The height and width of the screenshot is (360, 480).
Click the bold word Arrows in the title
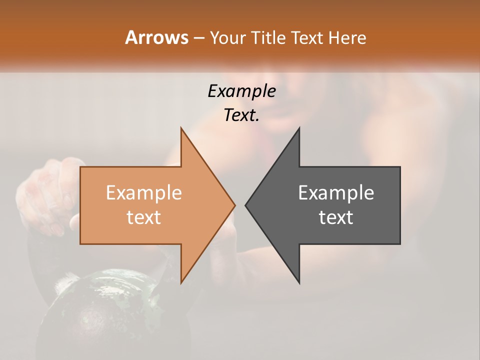point(156,37)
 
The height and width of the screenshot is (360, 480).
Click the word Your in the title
point(227,37)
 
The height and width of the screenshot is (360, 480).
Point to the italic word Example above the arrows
point(242,91)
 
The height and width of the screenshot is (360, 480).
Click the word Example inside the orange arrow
point(144,192)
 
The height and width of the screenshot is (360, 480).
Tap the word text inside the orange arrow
point(144,217)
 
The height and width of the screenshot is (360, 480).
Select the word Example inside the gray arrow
point(336,192)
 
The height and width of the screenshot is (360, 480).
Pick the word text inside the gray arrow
point(336,217)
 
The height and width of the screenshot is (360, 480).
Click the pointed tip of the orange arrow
point(234,205)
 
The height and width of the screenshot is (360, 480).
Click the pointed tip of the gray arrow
point(245,205)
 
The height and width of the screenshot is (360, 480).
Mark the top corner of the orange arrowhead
point(181,128)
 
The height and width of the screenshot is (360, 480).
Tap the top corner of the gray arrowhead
point(299,128)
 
